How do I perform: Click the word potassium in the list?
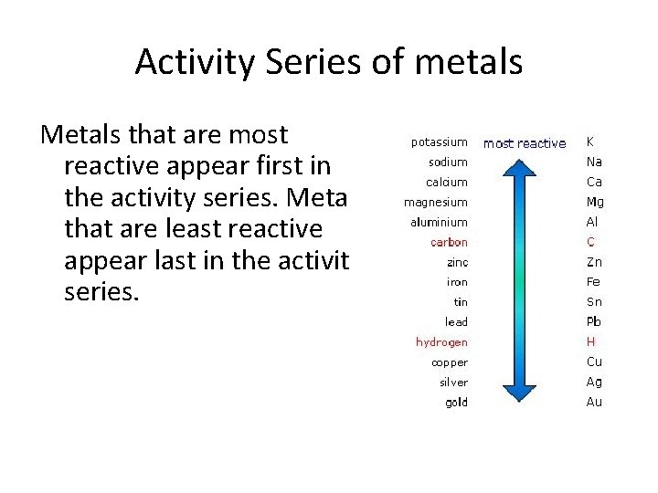coord(439,142)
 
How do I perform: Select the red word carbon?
coord(449,243)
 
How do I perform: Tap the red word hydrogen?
coord(441,342)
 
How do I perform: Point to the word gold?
coord(456,403)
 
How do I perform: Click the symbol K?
coord(590,142)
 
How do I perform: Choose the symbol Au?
coord(594,403)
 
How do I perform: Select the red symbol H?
coord(590,342)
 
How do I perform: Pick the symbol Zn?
coord(594,263)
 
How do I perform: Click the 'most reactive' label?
coord(525,143)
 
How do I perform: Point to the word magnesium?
coord(436,203)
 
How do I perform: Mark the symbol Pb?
coord(594,322)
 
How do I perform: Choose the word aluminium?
coord(437,223)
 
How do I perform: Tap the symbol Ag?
coord(594,383)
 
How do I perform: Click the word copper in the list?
coord(450,362)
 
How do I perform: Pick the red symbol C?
coord(590,243)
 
